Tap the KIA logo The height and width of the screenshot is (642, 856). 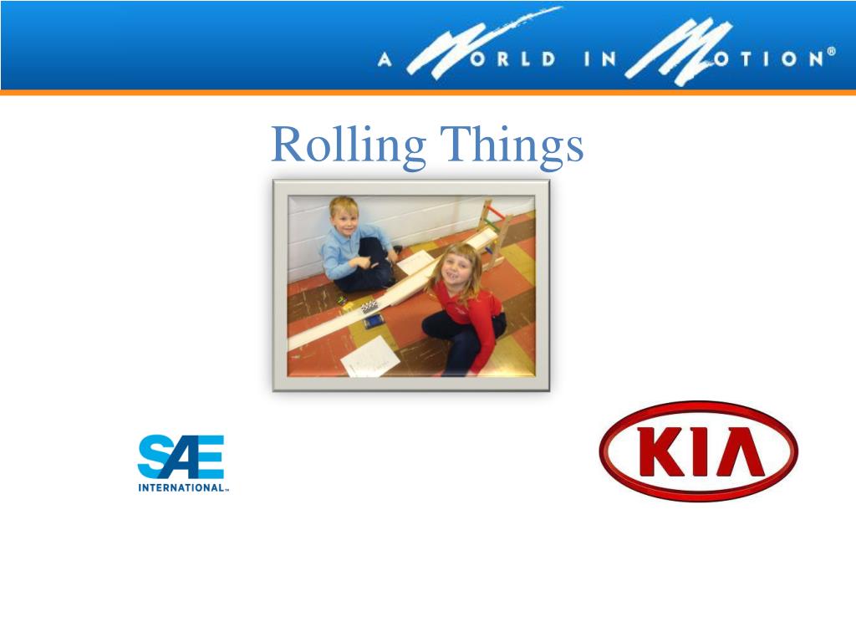698,451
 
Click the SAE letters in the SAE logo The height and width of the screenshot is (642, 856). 180,457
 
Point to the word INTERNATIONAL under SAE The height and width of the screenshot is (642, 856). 181,488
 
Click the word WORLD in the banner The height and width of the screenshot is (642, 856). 502,59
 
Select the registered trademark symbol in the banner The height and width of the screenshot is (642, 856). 831,52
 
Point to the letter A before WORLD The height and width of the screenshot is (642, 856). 385,60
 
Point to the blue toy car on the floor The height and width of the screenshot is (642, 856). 373,321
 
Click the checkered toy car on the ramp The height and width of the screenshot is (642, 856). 369,306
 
